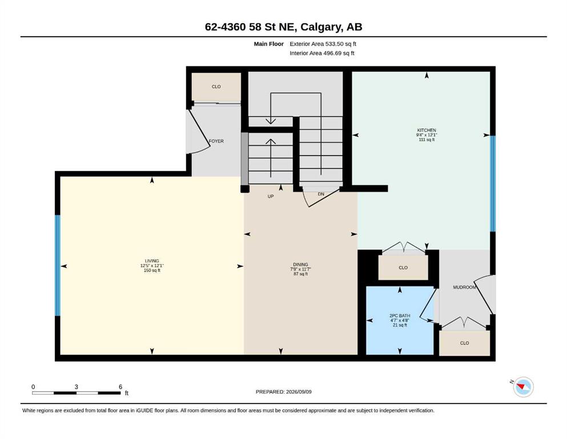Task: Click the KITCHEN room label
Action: pyautogui.click(x=427, y=130)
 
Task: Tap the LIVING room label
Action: pyautogui.click(x=152, y=261)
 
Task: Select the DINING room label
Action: pyautogui.click(x=300, y=265)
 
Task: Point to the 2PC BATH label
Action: pyautogui.click(x=400, y=316)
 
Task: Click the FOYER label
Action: pyautogui.click(x=216, y=141)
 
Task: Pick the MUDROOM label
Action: pyautogui.click(x=464, y=288)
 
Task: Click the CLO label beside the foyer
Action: pyautogui.click(x=216, y=87)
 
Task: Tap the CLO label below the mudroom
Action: pyautogui.click(x=465, y=343)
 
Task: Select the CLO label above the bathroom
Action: pyautogui.click(x=403, y=268)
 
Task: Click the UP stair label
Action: pyautogui.click(x=271, y=197)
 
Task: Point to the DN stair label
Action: pyautogui.click(x=321, y=194)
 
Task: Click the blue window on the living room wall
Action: pyautogui.click(x=58, y=266)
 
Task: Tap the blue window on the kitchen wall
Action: pyautogui.click(x=493, y=184)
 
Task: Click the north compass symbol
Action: pyautogui.click(x=523, y=387)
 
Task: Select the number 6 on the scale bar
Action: pyautogui.click(x=120, y=387)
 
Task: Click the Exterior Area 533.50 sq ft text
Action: pyautogui.click(x=323, y=44)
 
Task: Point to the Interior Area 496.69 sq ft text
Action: pyautogui.click(x=322, y=53)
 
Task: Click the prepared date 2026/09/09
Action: pyautogui.click(x=299, y=392)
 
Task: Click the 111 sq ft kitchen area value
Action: pyautogui.click(x=427, y=139)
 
